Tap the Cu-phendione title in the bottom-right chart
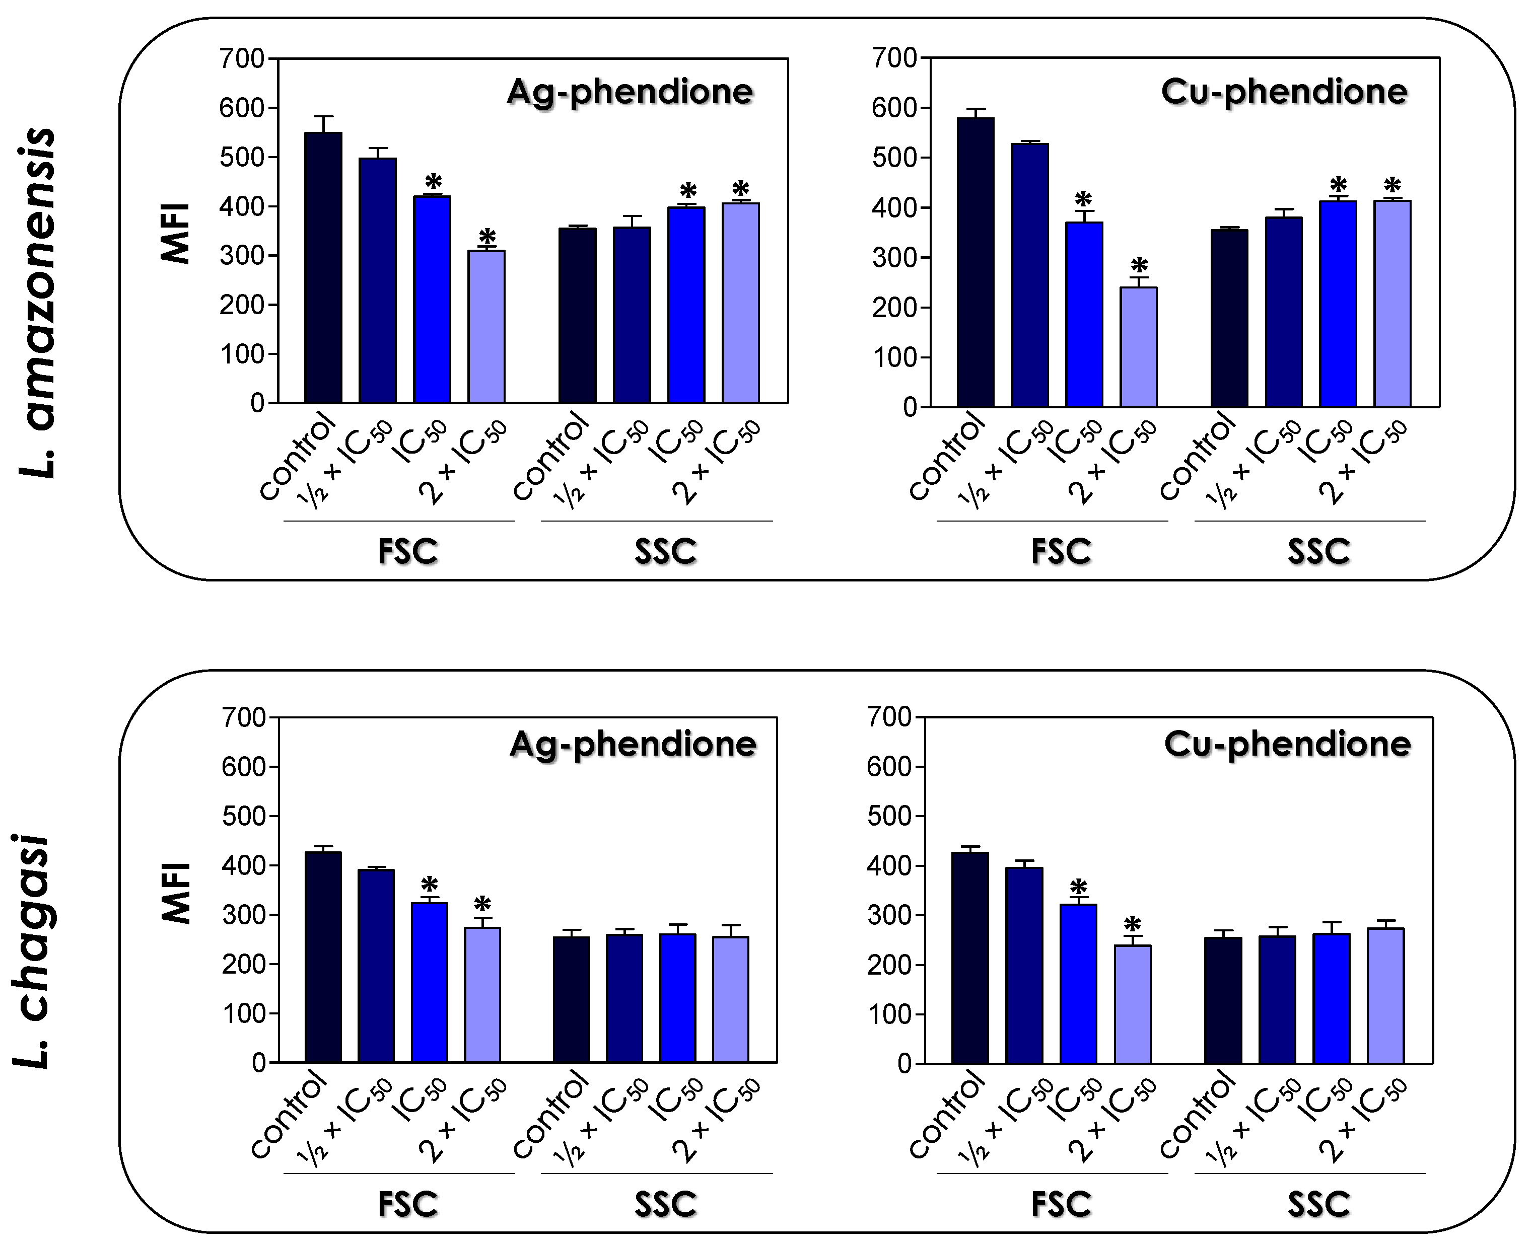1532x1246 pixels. coord(1287,744)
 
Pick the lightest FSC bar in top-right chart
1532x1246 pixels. coord(1139,347)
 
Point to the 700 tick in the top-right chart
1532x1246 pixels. coord(894,57)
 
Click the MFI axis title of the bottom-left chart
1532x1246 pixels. coord(176,892)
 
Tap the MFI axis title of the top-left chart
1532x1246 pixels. coord(176,233)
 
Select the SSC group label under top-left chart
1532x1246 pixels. coord(665,552)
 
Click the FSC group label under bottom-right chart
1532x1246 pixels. coord(1061,1204)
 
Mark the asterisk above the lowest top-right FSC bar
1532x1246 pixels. coord(1139,266)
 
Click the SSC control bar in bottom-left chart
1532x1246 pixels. coord(572,1000)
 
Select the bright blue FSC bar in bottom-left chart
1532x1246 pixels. coord(429,983)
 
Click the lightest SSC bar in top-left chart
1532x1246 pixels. coord(741,303)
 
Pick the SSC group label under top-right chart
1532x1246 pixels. coord(1319,552)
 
